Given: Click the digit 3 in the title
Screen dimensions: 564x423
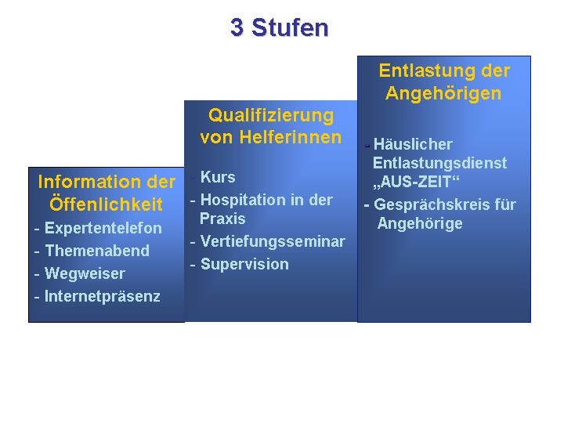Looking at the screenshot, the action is point(237,27).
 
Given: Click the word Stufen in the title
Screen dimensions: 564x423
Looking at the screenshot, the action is point(290,27).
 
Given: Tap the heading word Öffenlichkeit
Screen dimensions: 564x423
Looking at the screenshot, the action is point(106,204).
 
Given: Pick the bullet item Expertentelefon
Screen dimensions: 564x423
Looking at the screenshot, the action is point(103,228).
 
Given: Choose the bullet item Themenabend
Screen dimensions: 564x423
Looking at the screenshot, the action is point(97,251).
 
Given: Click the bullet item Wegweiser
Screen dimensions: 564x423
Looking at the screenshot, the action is point(85,273).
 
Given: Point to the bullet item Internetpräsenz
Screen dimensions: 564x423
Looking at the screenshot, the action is point(102,296).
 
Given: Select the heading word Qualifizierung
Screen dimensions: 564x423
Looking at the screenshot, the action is point(271,116).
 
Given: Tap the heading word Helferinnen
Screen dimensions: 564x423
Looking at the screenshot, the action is point(291,137).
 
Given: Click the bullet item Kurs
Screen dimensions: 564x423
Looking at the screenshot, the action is point(218,177).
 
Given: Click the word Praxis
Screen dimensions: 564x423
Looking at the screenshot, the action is point(222,219).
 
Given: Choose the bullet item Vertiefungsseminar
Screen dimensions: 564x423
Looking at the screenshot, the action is point(273,241).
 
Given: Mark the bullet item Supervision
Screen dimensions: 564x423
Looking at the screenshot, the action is point(244,265).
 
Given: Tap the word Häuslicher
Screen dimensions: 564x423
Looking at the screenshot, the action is point(413,144).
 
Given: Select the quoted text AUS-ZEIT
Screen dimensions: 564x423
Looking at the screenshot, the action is point(417,182).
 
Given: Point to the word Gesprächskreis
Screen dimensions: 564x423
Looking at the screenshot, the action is point(432,204).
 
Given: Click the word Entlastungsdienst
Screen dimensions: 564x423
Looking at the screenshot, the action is point(440,163).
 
